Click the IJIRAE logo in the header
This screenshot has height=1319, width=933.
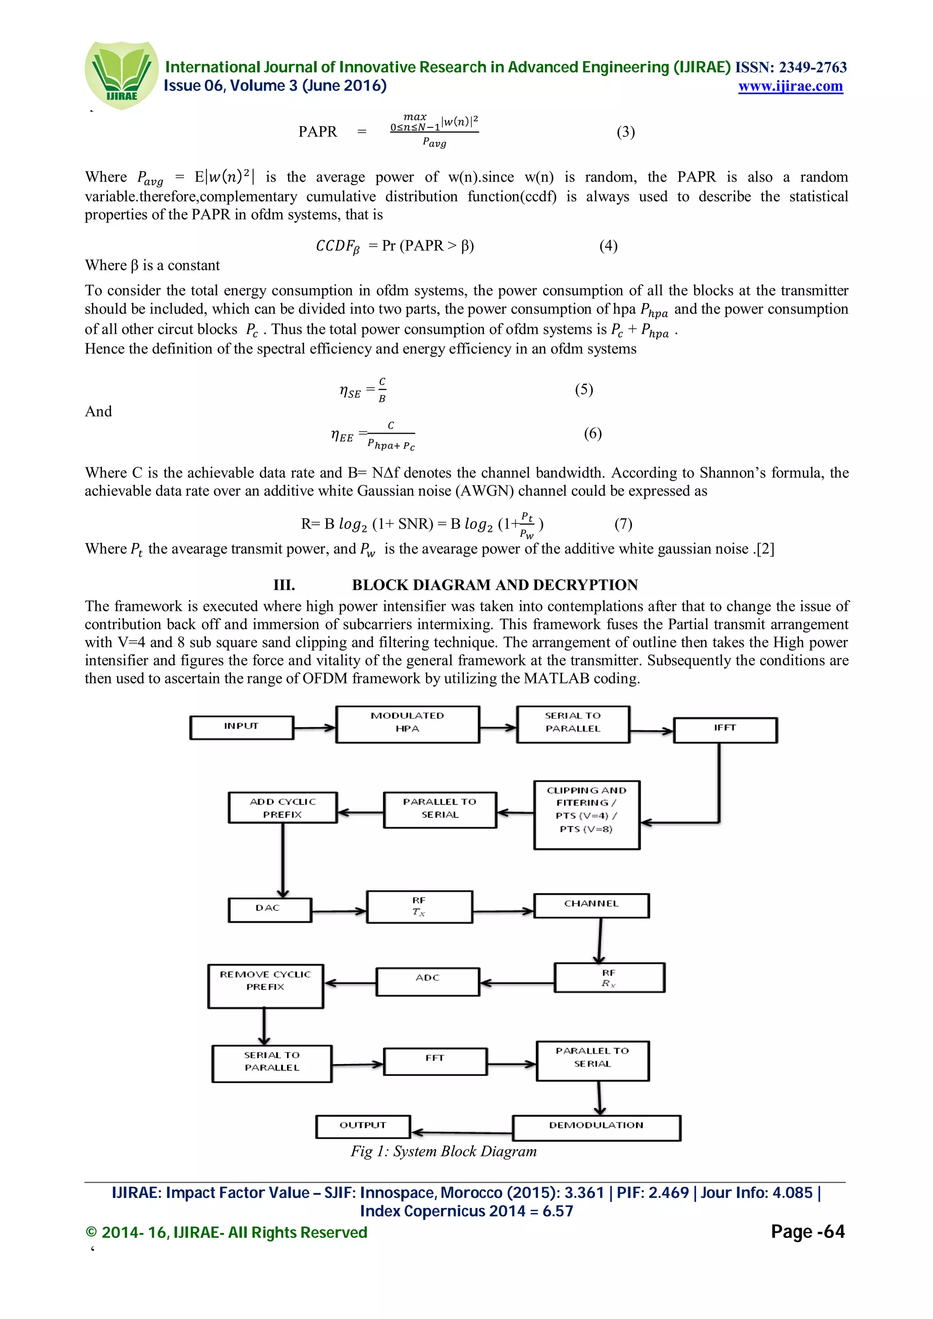click(121, 75)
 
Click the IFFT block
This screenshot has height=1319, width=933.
click(725, 730)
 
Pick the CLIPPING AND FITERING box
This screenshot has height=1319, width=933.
click(586, 814)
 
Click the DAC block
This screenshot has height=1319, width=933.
click(269, 909)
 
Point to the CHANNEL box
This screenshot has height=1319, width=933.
click(591, 905)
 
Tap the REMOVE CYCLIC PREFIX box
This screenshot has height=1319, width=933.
click(265, 985)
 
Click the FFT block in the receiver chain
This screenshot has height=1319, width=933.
click(435, 1060)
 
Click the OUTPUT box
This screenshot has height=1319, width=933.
click(363, 1126)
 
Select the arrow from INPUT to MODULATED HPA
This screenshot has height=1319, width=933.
click(314, 728)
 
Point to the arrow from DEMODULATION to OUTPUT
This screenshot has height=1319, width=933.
click(461, 1132)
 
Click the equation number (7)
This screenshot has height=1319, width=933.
click(623, 523)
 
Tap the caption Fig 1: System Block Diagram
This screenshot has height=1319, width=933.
click(443, 1151)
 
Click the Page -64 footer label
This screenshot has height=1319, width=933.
click(807, 1232)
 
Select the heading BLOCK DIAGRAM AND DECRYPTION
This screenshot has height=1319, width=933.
click(494, 585)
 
